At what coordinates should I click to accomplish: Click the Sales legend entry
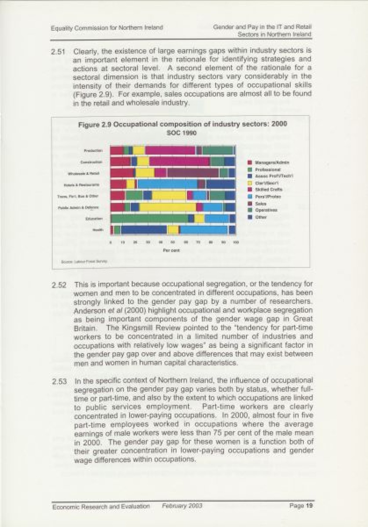pos(260,204)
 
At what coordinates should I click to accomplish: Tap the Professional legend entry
pos(267,169)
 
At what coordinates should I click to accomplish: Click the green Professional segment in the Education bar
pos(149,218)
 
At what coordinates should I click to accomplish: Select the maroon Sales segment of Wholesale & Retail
pos(193,173)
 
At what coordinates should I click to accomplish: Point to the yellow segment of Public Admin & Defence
pos(168,207)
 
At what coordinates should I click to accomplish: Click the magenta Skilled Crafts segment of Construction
pos(179,162)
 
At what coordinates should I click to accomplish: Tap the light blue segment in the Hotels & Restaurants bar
pos(167,184)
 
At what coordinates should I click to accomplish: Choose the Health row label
pos(98,230)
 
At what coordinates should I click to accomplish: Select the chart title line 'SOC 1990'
pos(182,133)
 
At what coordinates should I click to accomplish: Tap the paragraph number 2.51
pos(58,52)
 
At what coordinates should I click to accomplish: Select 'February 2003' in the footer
pos(182,506)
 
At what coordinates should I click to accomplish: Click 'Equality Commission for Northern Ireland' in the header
pos(107,28)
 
